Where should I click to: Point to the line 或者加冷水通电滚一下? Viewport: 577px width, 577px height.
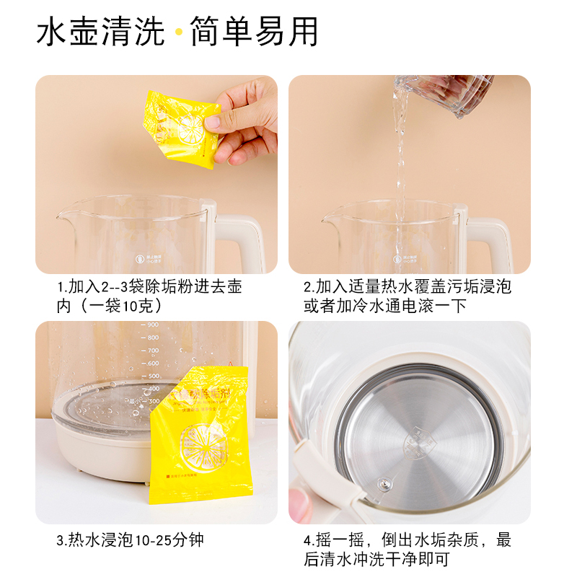coord(384,306)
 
